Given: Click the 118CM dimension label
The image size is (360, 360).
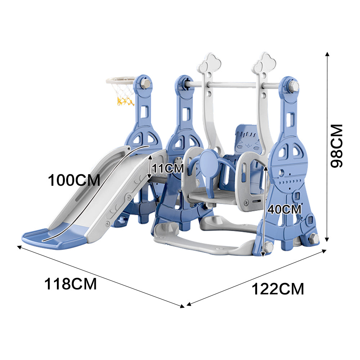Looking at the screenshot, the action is pos(71,284).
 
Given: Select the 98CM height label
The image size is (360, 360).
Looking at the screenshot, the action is pos(336,146).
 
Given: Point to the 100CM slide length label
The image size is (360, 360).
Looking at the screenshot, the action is pos(74,180).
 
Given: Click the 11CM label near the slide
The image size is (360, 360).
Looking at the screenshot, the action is pos(168,168).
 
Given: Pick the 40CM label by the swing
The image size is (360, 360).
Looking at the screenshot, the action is pos(284,210).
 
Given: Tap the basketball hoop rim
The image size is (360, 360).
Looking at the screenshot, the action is pos(121,80).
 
